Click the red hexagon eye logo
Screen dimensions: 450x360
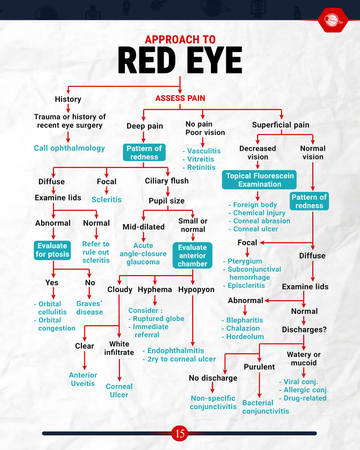333,19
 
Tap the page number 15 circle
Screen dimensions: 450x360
180,433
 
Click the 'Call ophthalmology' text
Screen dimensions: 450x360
69,148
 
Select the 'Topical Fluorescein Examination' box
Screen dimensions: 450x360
259,180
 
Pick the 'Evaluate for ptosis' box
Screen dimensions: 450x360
52,250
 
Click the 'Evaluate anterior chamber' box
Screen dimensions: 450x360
192,255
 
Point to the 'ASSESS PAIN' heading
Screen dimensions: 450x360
180,98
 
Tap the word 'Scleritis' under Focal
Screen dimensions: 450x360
106,199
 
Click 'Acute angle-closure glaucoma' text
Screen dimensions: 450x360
144,254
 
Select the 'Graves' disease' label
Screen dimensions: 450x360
89,308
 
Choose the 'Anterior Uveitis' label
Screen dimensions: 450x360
83,379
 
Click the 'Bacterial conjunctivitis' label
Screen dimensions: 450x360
266,407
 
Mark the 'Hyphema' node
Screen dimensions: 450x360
155,290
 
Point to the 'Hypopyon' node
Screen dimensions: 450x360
196,290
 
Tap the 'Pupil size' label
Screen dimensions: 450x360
166,201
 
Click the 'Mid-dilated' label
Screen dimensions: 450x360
144,227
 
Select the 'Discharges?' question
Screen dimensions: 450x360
304,329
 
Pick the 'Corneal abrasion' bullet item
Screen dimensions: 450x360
261,221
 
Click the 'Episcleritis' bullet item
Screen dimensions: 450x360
246,285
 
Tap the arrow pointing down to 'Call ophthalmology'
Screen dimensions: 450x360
68,136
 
